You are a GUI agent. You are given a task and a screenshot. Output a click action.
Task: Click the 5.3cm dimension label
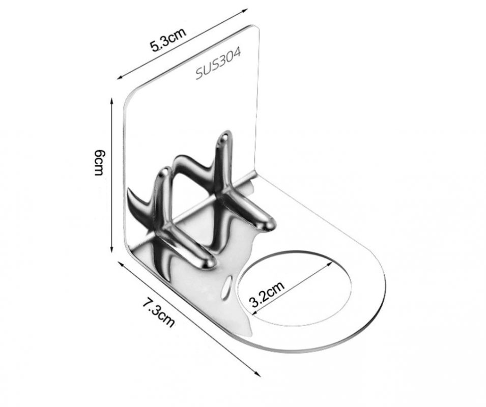click(x=168, y=39)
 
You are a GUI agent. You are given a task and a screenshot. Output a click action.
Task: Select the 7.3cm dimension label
click(x=159, y=312)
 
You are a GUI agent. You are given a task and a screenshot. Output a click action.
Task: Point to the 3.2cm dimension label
click(x=267, y=294)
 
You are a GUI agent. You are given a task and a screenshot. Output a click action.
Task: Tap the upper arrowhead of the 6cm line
click(x=112, y=101)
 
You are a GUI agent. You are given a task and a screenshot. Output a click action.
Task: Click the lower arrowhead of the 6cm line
click(x=112, y=249)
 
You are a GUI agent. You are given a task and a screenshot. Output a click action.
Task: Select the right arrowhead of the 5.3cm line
click(x=245, y=11)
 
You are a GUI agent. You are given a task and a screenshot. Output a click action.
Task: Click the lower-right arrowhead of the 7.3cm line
click(x=257, y=373)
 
